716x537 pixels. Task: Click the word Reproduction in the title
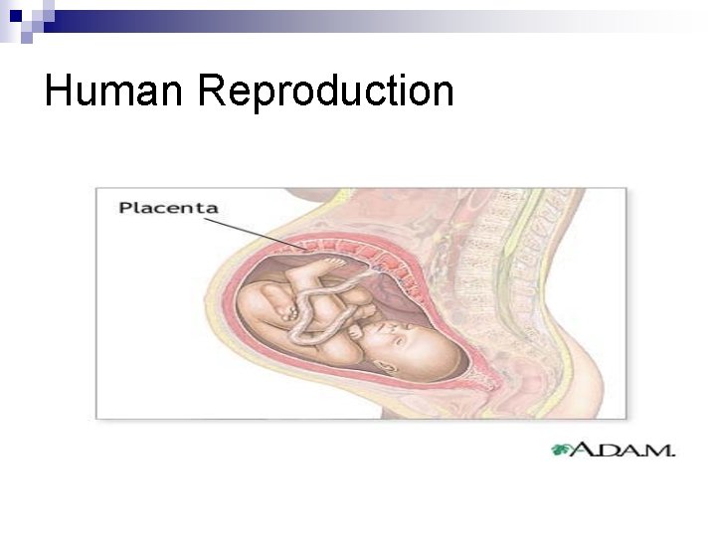[325, 92]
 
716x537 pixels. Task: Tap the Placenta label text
[168, 208]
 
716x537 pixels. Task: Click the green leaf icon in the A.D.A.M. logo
[563, 449]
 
